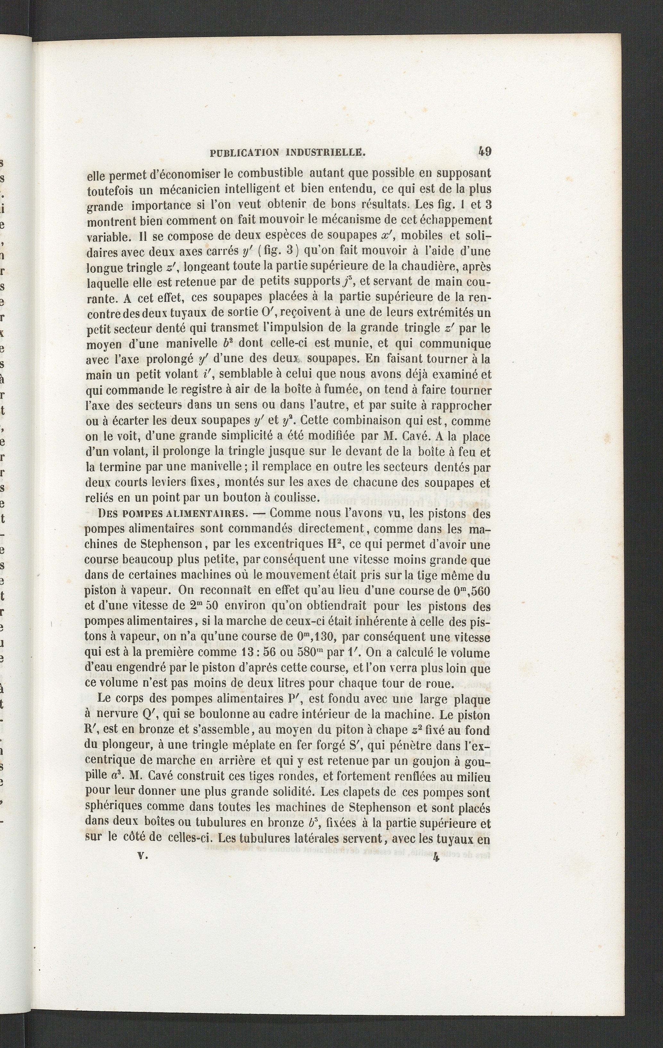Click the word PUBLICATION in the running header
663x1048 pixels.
pos(245,152)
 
